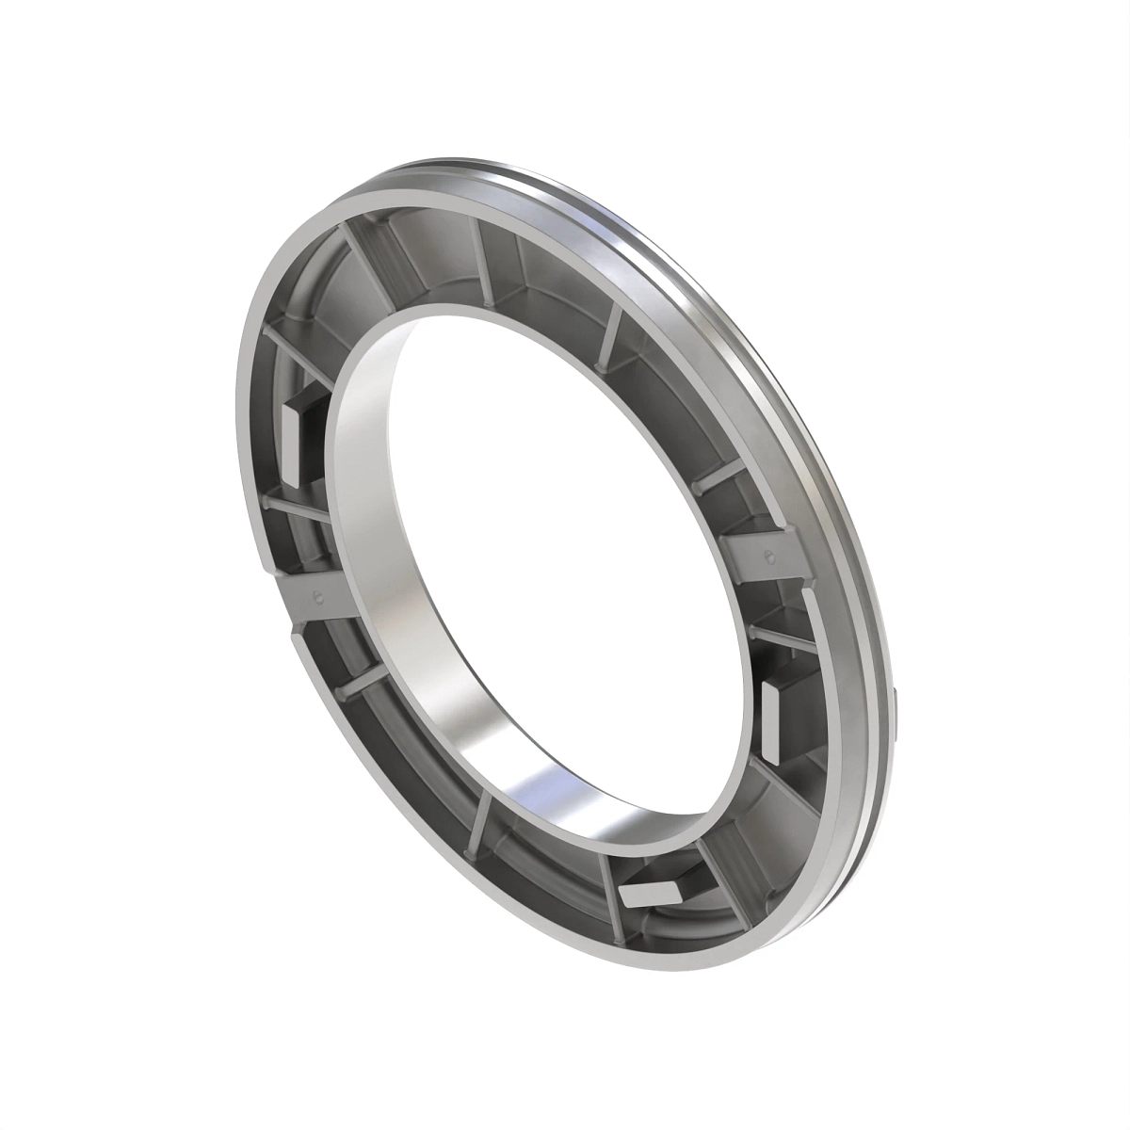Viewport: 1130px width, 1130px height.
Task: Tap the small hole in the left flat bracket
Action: pos(318,595)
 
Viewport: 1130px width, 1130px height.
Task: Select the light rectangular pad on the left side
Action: pos(293,438)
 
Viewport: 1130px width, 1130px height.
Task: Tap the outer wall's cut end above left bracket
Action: pos(267,561)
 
